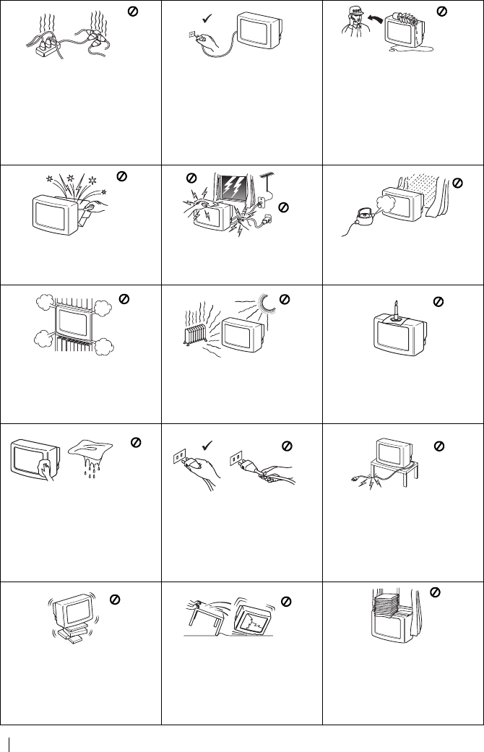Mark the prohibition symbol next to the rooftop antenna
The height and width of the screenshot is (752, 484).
click(x=284, y=207)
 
